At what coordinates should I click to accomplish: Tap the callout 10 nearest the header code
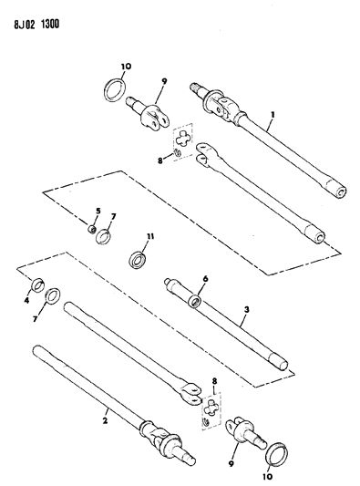tap(127, 67)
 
